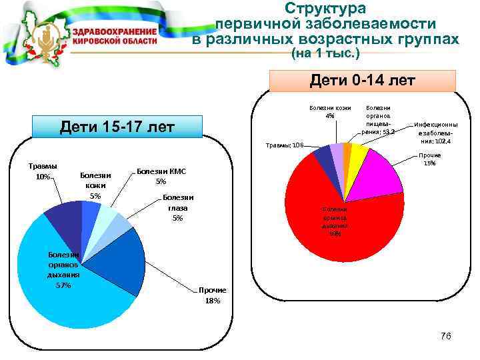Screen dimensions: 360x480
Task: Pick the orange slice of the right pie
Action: pyautogui.click(x=347, y=151)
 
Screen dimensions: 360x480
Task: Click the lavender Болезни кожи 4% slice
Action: pyautogui.click(x=337, y=153)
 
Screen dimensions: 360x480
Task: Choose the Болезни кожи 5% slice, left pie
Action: pyautogui.click(x=90, y=211)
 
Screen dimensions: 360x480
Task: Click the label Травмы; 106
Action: pyautogui.click(x=285, y=145)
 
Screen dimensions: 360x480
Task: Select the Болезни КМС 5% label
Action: pyautogui.click(x=161, y=176)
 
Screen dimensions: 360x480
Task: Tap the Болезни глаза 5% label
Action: pyautogui.click(x=178, y=207)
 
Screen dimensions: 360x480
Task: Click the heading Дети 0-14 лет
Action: pyautogui.click(x=363, y=81)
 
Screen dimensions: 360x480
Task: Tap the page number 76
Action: pyautogui.click(x=446, y=336)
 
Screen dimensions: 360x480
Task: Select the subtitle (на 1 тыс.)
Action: pyautogui.click(x=326, y=52)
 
